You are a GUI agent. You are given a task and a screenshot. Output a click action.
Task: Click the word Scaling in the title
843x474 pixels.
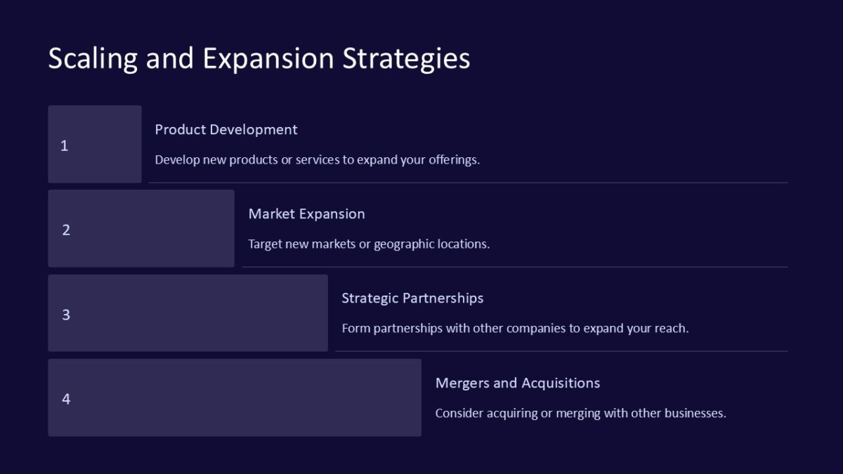tap(93, 59)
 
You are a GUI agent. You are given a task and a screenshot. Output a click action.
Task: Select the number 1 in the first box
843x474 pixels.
tap(65, 146)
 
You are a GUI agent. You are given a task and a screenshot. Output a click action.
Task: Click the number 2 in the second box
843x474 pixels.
tap(66, 230)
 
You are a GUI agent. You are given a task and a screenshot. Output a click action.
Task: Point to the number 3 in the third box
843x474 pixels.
tap(66, 315)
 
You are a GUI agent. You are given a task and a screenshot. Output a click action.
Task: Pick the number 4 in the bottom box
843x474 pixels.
tap(66, 399)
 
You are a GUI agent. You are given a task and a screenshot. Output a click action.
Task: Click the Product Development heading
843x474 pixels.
tap(226, 130)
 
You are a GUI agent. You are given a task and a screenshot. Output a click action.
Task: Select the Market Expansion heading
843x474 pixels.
tap(306, 214)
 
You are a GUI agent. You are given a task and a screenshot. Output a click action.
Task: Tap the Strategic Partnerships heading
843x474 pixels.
tap(412, 298)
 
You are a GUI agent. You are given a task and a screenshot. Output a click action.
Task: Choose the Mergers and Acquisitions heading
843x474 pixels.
tap(518, 383)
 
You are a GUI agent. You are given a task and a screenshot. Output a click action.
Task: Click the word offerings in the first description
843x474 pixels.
tap(455, 160)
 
